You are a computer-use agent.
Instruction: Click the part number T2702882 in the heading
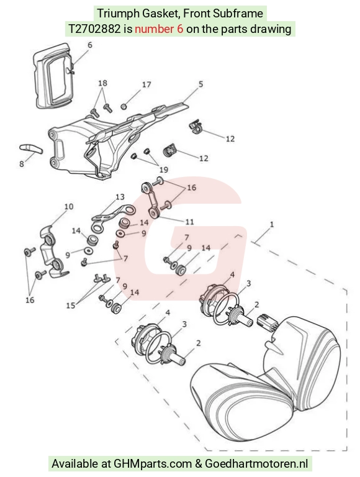pyautogui.click(x=94, y=29)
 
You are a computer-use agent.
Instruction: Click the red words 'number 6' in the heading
pyautogui.click(x=159, y=29)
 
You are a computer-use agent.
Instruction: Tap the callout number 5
pyautogui.click(x=200, y=84)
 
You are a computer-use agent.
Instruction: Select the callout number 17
pyautogui.click(x=146, y=84)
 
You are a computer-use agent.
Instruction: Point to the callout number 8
pyautogui.click(x=21, y=164)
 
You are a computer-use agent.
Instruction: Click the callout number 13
pyautogui.click(x=120, y=197)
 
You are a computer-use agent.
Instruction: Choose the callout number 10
pyautogui.click(x=69, y=207)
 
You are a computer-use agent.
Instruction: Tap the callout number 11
pyautogui.click(x=189, y=222)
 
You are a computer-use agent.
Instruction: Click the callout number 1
pyautogui.click(x=272, y=224)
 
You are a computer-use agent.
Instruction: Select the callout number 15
pyautogui.click(x=71, y=305)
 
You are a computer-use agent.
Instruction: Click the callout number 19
pyautogui.click(x=164, y=170)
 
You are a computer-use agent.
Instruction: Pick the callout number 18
pyautogui.click(x=103, y=83)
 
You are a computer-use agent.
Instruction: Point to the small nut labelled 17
pyautogui.click(x=124, y=107)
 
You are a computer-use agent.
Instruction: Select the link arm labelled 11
pyautogui.click(x=151, y=199)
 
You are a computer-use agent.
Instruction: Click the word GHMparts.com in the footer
pyautogui.click(x=153, y=464)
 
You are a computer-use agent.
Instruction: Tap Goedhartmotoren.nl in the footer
pyautogui.click(x=256, y=464)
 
